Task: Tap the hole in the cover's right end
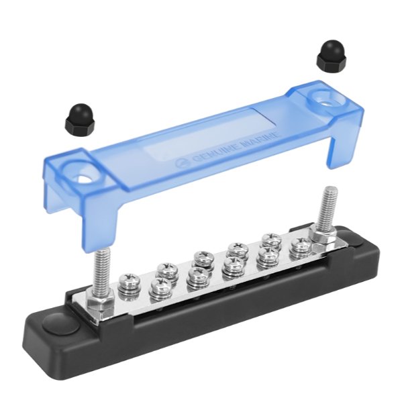[x=325, y=102]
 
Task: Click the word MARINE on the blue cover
[x=260, y=140]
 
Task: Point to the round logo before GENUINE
[x=182, y=164]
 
